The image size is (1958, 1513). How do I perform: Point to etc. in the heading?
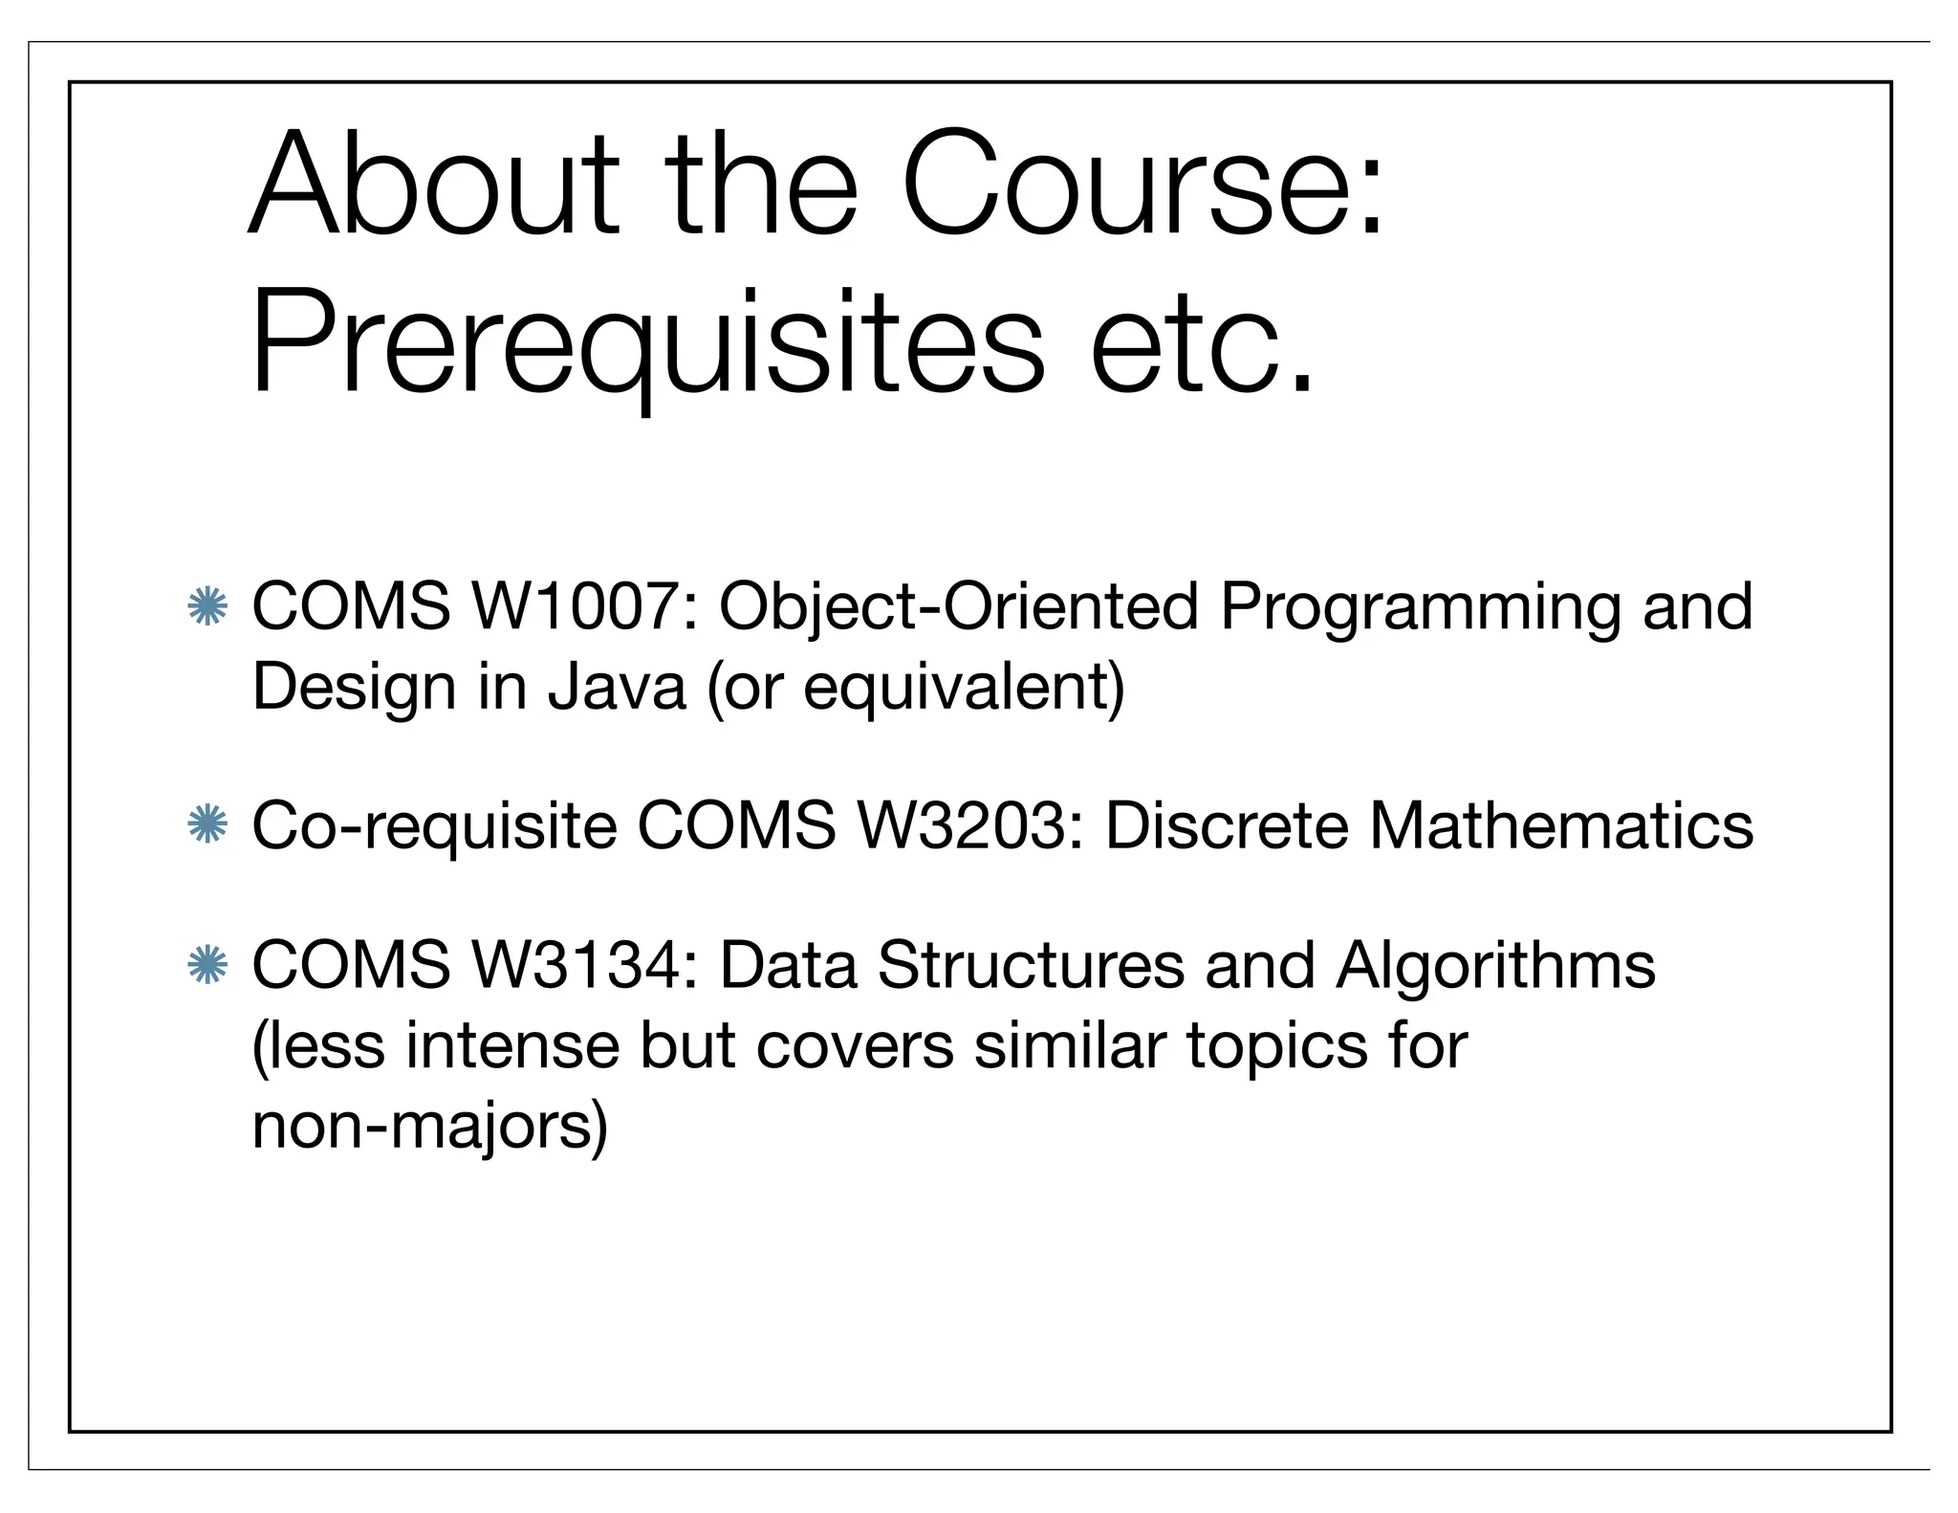[1202, 344]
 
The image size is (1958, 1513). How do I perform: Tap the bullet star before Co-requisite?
[207, 826]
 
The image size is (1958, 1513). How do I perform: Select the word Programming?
[1420, 608]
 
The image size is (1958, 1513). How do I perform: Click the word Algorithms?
[1495, 966]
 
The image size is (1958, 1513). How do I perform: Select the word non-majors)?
[429, 1126]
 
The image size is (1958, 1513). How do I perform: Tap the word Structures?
[1031, 965]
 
